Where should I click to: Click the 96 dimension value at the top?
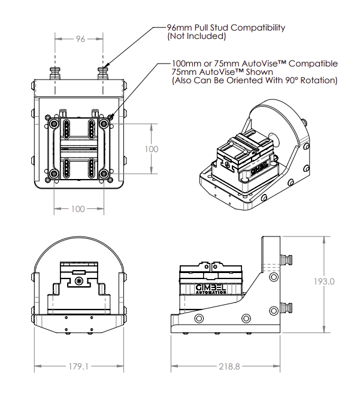78,39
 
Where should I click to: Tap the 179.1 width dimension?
78,366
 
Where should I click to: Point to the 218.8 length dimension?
229,366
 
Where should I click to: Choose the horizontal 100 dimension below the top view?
78,209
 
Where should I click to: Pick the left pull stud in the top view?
56,72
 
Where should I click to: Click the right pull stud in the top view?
103,72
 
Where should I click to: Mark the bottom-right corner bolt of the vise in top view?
105,174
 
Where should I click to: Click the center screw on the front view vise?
78,281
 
